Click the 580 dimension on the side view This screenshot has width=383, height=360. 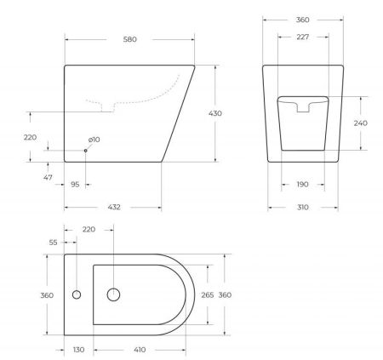pyautogui.click(x=129, y=39)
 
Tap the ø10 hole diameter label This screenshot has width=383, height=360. pyautogui.click(x=94, y=140)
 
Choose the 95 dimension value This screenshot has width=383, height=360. pyautogui.click(x=75, y=184)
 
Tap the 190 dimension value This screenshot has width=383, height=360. pyautogui.click(x=303, y=184)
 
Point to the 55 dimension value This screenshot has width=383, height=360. pyautogui.click(x=53, y=243)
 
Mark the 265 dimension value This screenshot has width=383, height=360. pyautogui.click(x=206, y=295)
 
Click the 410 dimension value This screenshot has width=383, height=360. pyautogui.click(x=140, y=350)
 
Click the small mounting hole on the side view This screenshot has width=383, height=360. pyautogui.click(x=85, y=151)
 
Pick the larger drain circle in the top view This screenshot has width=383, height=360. pyautogui.click(x=112, y=294)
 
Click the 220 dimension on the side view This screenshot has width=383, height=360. pyautogui.click(x=31, y=136)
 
